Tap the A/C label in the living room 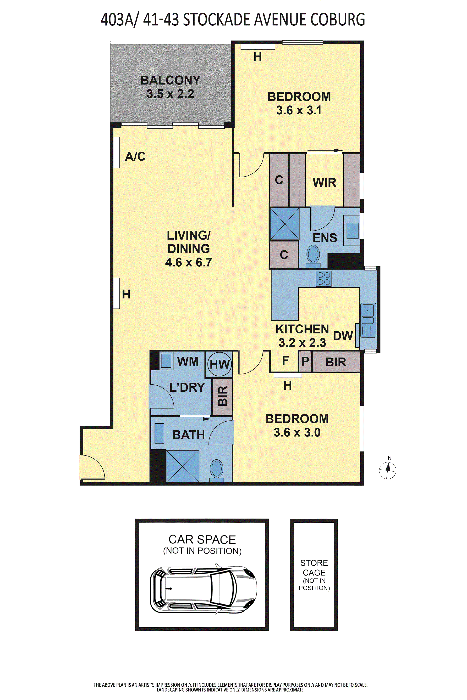click(135, 156)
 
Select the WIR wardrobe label click(324, 182)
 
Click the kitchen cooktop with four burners click(323, 279)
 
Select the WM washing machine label click(188, 361)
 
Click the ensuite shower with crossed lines click(284, 224)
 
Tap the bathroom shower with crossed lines click(183, 466)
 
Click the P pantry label click(305, 361)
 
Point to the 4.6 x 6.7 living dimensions click(189, 262)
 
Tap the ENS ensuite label click(325, 238)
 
